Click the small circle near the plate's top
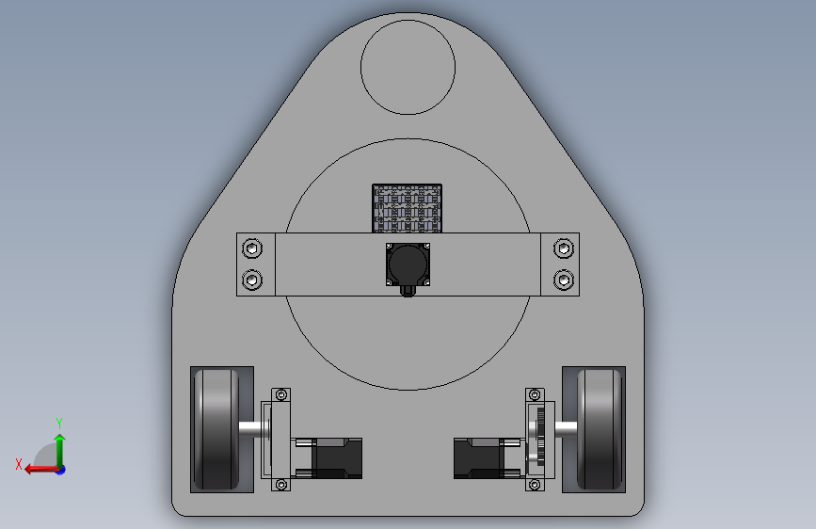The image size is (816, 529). point(408,21)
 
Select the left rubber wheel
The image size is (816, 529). point(216,429)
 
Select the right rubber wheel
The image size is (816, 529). point(600,429)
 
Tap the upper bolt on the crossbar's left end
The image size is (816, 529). point(252,248)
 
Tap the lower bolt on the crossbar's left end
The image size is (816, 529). point(252,281)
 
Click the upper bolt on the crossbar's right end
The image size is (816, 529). point(564,248)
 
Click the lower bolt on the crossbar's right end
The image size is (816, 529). point(564,281)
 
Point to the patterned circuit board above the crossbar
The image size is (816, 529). point(407,208)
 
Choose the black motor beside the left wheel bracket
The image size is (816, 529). point(337,458)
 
